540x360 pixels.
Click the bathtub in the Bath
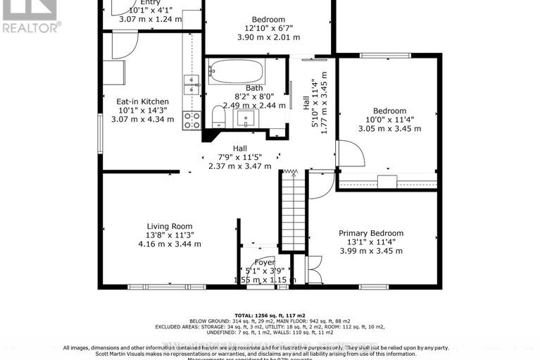(x=236, y=72)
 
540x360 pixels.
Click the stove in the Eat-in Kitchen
(x=191, y=120)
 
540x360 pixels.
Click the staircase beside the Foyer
(x=292, y=211)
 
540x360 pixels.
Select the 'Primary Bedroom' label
(x=371, y=233)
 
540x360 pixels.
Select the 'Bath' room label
(x=245, y=88)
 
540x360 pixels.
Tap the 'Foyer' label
(x=265, y=263)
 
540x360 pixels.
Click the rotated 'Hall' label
(x=306, y=103)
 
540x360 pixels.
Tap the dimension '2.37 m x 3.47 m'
(x=240, y=166)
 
